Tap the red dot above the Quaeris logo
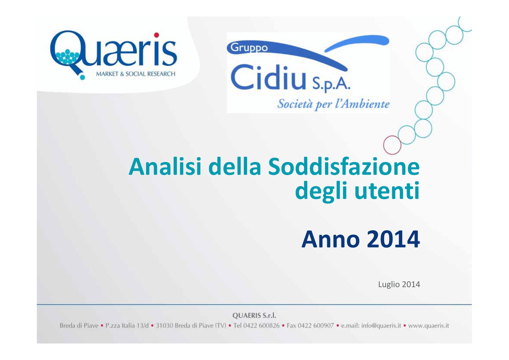[157, 35]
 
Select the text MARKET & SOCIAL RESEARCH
[135, 74]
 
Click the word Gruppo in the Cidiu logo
[249, 48]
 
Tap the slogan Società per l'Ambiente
[334, 104]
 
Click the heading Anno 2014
[361, 239]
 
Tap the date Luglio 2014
[399, 284]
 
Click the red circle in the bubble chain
[392, 145]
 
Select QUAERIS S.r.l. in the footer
[254, 316]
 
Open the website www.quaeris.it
[428, 326]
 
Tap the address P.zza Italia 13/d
[127, 326]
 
